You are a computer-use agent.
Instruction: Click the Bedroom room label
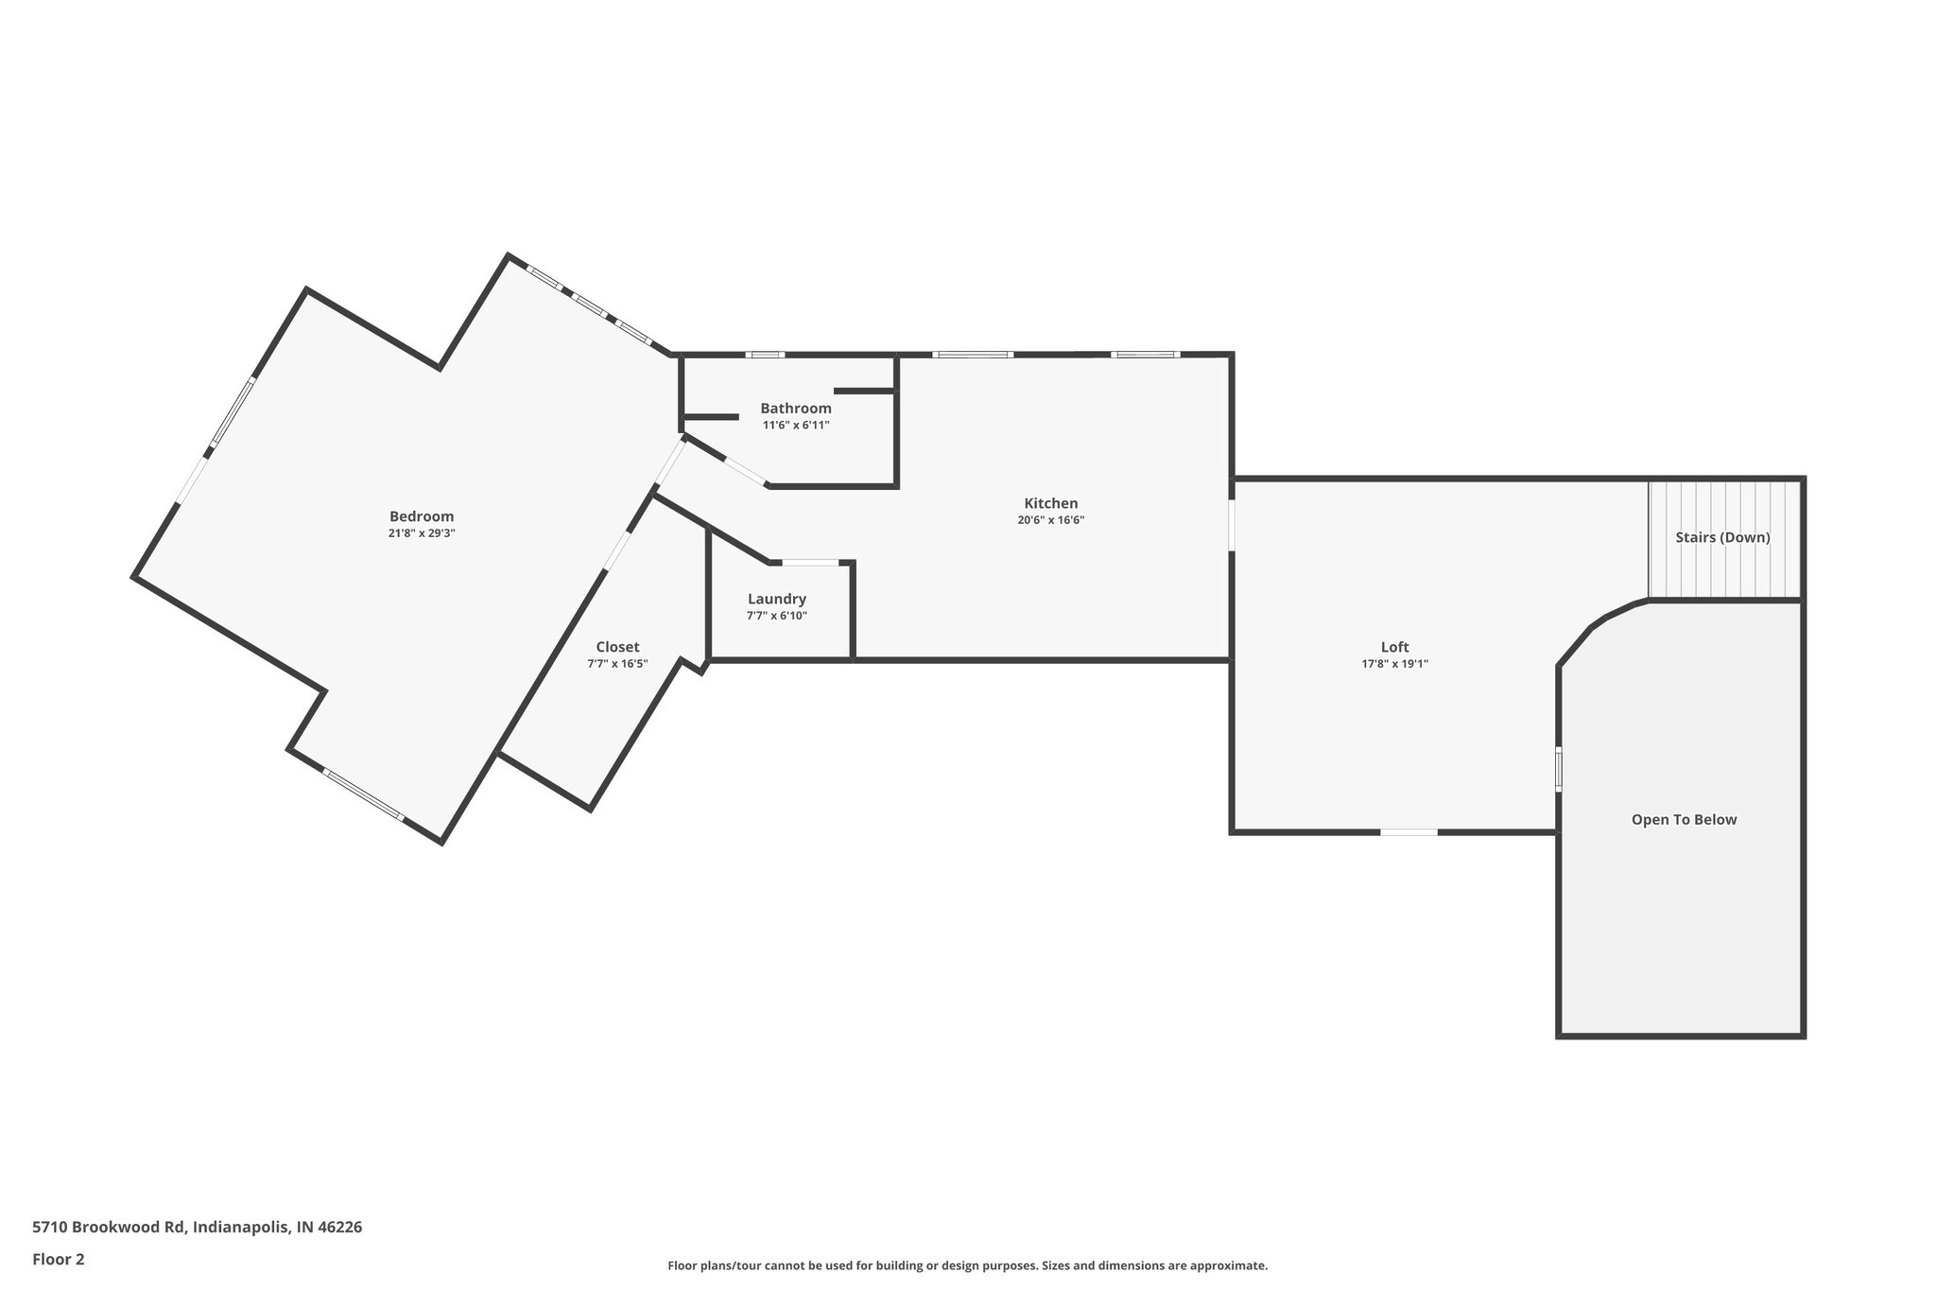pyautogui.click(x=422, y=516)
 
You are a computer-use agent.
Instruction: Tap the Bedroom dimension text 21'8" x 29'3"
pyautogui.click(x=422, y=533)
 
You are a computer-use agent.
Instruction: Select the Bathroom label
pyautogui.click(x=796, y=409)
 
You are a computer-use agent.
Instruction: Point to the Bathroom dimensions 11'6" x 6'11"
pyautogui.click(x=796, y=426)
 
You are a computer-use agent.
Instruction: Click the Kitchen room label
pyautogui.click(x=1050, y=503)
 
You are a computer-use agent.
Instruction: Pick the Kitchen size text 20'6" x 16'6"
pyautogui.click(x=1050, y=520)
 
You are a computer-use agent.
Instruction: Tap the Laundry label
pyautogui.click(x=776, y=599)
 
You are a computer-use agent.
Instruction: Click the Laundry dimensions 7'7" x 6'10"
pyautogui.click(x=776, y=616)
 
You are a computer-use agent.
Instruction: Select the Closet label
pyautogui.click(x=617, y=647)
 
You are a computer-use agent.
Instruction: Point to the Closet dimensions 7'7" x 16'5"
pyautogui.click(x=617, y=664)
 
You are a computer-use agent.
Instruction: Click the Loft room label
pyautogui.click(x=1394, y=647)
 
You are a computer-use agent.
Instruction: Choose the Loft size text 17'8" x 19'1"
pyautogui.click(x=1394, y=664)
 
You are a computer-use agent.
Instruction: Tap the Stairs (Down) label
pyautogui.click(x=1722, y=537)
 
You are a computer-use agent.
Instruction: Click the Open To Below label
pyautogui.click(x=1684, y=820)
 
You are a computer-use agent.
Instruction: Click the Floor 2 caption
pyautogui.click(x=59, y=1259)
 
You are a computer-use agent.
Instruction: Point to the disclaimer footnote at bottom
pyautogui.click(x=967, y=1265)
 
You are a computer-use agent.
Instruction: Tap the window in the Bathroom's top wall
pyautogui.click(x=764, y=355)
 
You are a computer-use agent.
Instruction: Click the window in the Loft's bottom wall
pyautogui.click(x=1409, y=832)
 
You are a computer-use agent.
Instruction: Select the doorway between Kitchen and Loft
pyautogui.click(x=1232, y=525)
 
